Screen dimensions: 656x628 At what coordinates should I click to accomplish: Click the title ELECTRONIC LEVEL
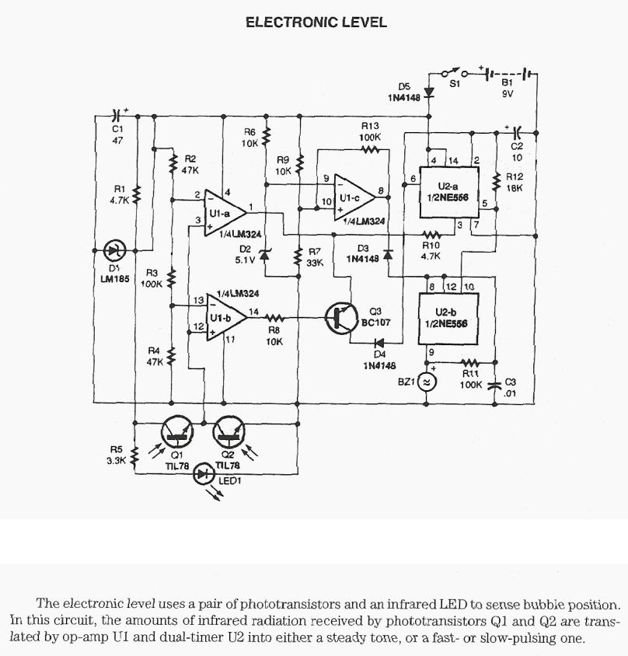coord(316,23)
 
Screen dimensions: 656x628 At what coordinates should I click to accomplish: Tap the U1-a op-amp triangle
coord(221,211)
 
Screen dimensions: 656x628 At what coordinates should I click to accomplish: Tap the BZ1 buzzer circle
coord(426,382)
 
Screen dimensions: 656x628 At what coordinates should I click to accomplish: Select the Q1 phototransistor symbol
coord(176,430)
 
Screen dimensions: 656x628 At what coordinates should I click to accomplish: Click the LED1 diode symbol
coord(205,473)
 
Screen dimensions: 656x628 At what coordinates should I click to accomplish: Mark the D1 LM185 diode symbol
coord(116,250)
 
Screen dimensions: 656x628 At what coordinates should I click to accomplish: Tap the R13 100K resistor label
coord(371,131)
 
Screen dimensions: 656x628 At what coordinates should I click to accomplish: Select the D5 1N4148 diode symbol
coord(429,91)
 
